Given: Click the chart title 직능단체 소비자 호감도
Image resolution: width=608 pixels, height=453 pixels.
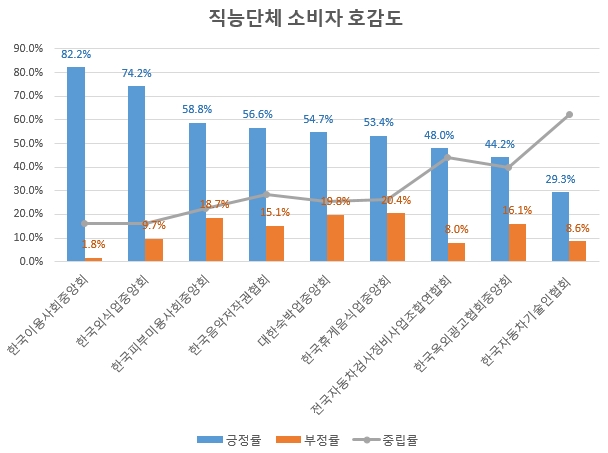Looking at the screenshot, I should (x=303, y=18).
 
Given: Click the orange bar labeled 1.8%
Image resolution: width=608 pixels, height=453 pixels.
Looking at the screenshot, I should (x=93, y=259).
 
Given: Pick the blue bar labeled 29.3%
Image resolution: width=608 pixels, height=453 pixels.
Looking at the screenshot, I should (x=560, y=226).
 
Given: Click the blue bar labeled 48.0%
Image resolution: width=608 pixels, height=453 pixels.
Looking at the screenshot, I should (x=439, y=204).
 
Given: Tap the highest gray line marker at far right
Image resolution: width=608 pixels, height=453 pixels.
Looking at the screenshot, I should (x=569, y=114).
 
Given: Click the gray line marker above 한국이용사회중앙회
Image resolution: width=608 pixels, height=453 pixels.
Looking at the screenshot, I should (x=85, y=223).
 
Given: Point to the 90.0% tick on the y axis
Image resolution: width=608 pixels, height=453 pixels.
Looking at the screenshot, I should (x=27, y=48).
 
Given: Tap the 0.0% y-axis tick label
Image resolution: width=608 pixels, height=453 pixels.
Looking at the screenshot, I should (x=30, y=261).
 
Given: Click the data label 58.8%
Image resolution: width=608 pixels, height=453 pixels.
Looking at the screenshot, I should (x=197, y=110).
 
